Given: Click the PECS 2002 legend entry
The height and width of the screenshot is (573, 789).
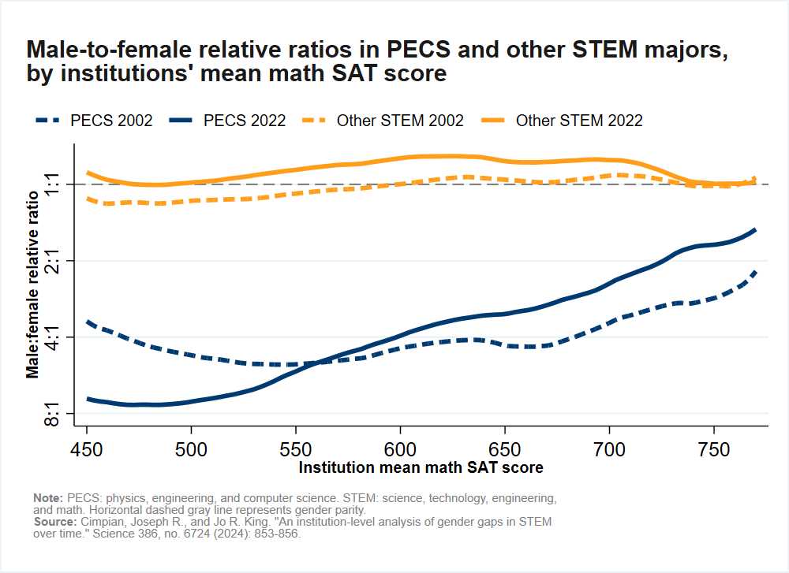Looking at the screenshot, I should coord(94,121).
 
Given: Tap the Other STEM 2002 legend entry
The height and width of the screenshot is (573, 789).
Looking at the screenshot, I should coord(382,121).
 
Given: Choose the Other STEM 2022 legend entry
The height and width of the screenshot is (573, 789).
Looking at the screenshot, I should coord(561,121).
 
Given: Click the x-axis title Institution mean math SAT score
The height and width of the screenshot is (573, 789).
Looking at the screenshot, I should coord(421,467).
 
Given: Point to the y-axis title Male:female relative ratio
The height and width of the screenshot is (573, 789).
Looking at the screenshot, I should coord(33,284).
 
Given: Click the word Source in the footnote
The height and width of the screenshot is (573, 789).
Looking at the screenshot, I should coord(53,523).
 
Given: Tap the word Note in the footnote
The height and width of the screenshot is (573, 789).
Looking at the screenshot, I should coord(48,499).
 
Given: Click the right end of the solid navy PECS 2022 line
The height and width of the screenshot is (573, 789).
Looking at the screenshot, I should coord(755,230).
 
